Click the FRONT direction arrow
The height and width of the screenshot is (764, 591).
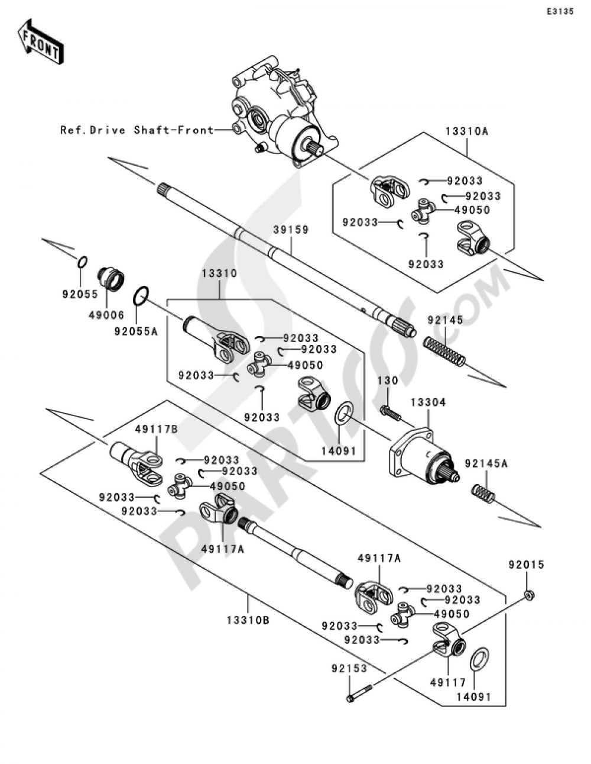point(40,42)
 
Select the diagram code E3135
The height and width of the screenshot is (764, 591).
point(559,11)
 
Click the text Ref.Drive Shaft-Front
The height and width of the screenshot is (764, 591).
point(137,130)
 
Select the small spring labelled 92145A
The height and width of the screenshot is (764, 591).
point(483,494)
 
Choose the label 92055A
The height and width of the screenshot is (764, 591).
point(137,332)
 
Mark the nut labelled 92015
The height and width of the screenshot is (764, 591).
point(530,595)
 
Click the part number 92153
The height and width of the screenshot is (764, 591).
point(349,669)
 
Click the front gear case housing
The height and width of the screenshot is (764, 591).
point(278,112)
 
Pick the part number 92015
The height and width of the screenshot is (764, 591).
point(525,565)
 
